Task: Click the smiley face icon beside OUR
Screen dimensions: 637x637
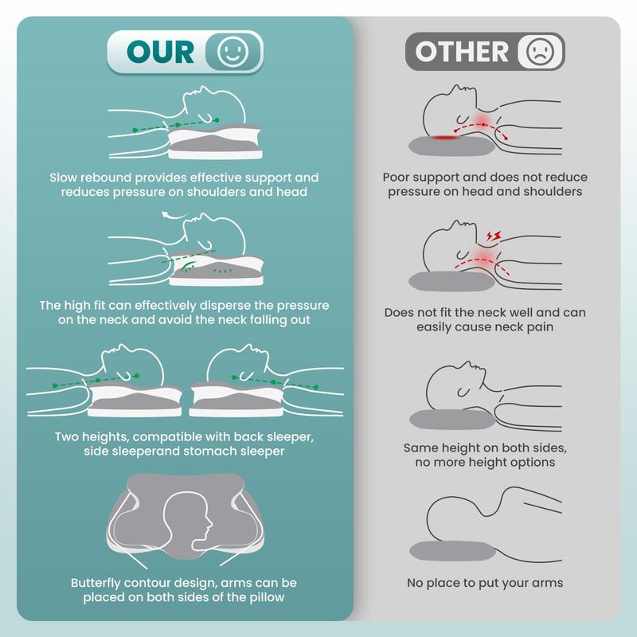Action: click(x=233, y=52)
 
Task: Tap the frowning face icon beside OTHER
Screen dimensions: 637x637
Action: click(x=540, y=52)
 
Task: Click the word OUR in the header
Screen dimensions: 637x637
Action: click(x=161, y=52)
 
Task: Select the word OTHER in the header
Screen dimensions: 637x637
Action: click(x=462, y=52)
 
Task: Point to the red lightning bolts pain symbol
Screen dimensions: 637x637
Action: click(x=494, y=236)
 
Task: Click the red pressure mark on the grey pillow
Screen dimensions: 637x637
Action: click(x=445, y=138)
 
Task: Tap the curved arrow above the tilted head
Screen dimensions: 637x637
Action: click(x=174, y=215)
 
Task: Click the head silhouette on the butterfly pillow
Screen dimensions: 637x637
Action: click(x=188, y=522)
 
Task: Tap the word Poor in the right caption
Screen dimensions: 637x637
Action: click(x=396, y=177)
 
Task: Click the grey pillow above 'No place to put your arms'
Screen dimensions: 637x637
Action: click(x=452, y=551)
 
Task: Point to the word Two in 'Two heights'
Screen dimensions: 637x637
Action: click(x=66, y=436)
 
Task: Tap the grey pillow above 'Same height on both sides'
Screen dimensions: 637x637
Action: click(x=452, y=420)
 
